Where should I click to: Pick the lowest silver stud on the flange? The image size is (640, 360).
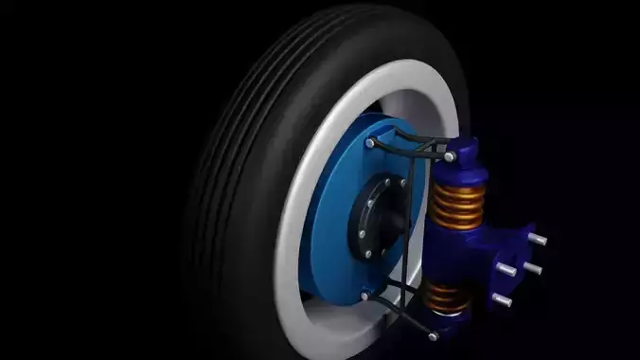502,300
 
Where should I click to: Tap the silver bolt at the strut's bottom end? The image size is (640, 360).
433,334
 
